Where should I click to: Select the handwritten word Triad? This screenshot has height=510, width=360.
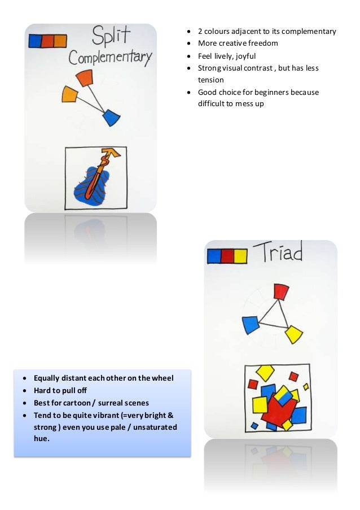tap(278, 252)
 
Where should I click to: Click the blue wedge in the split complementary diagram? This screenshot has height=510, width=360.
tap(112, 117)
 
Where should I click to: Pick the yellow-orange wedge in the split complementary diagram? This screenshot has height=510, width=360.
tap(69, 94)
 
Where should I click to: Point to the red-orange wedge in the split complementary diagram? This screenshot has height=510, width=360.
tap(85, 78)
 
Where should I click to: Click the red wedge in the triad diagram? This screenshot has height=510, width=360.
tap(280, 291)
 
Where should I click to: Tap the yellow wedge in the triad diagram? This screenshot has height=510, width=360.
tap(293, 334)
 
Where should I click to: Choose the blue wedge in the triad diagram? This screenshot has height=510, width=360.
tap(251, 325)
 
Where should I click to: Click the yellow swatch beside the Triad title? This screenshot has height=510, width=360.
tap(240, 256)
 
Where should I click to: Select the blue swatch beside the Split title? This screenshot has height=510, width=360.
tap(35, 41)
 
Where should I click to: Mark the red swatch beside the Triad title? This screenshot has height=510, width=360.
tap(227, 256)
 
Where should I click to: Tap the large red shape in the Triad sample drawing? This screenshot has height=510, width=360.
tap(278, 409)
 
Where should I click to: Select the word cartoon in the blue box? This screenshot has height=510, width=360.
tap(81, 403)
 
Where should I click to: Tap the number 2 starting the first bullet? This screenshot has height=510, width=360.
tap(200, 31)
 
